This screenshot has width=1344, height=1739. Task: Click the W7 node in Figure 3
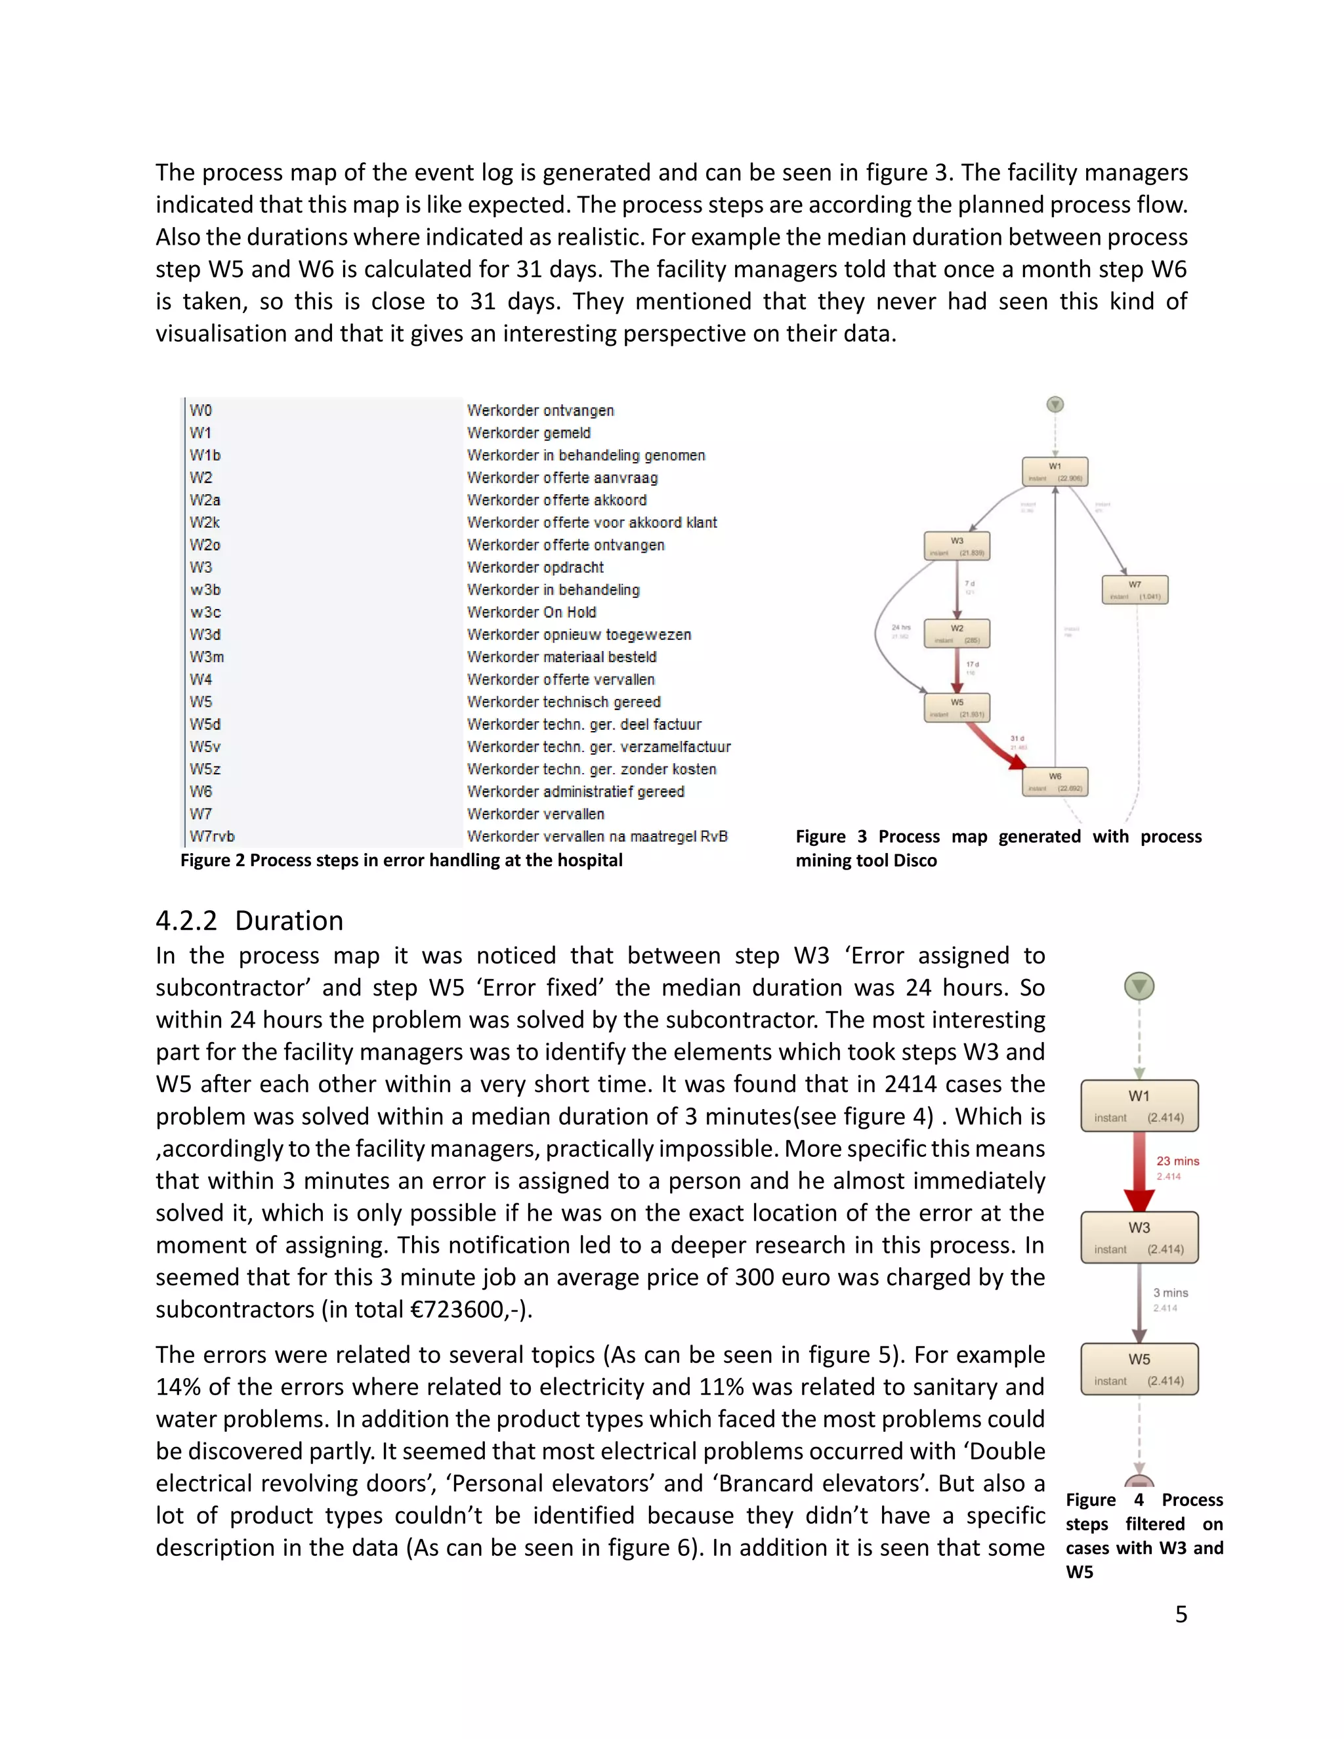1135,589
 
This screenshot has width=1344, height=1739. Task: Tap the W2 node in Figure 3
957,633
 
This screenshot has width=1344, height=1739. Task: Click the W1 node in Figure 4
1139,1105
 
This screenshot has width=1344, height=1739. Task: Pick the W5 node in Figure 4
1139,1369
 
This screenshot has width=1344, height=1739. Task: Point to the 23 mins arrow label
1177,1161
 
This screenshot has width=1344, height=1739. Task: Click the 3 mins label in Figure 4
1171,1292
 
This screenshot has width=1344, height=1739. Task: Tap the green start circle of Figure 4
1139,986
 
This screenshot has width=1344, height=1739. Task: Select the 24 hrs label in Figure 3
900,627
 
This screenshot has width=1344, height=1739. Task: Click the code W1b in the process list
205,455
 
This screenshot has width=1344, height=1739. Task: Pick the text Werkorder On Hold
531,612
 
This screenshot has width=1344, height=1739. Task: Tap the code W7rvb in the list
212,836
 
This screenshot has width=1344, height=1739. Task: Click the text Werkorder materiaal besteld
561,657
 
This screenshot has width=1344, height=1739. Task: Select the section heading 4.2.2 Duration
249,921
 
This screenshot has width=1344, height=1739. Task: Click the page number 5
1181,1614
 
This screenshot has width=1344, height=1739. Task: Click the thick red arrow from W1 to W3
1139,1171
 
